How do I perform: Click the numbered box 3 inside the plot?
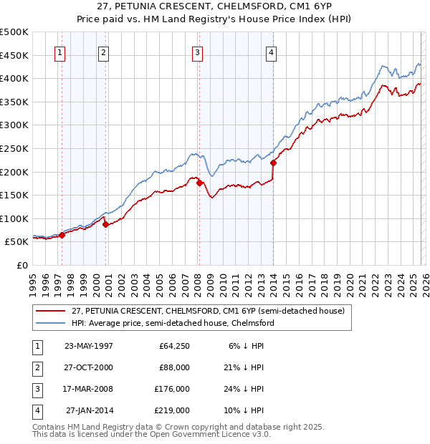196,52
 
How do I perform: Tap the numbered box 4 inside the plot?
272,52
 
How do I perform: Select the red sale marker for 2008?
199,183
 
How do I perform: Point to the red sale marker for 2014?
274,163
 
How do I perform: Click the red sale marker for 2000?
106,224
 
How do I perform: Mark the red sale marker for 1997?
62,235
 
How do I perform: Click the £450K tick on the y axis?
14,55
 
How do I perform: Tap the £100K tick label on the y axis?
14,218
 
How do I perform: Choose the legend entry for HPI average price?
172,323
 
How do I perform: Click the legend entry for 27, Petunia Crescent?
208,311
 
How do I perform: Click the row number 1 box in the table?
36,346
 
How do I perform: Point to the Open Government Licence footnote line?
152,434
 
